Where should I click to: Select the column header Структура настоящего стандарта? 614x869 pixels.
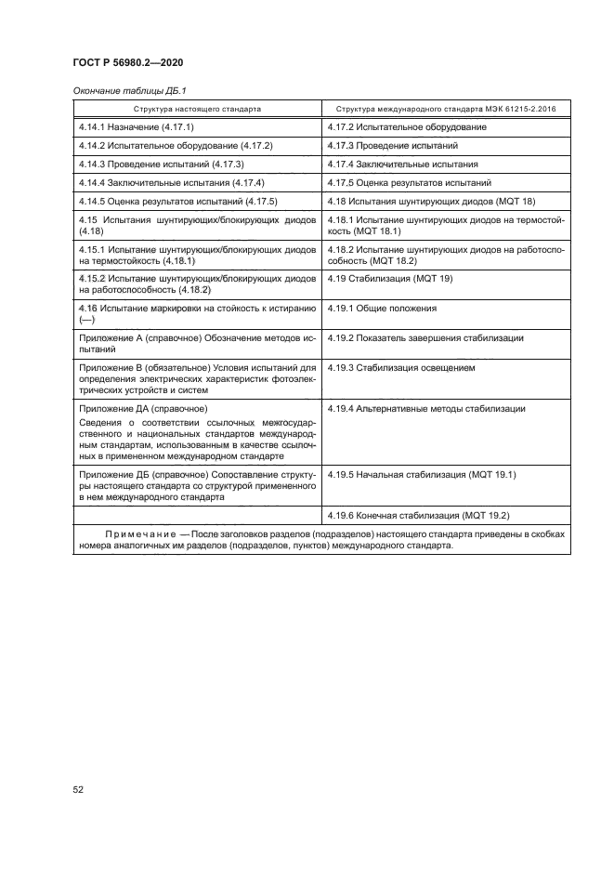point(197,108)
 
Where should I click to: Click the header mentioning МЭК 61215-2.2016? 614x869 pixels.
point(446,108)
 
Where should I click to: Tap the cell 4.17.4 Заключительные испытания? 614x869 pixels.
point(403,164)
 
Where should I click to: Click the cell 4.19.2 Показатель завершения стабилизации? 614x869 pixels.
point(425,337)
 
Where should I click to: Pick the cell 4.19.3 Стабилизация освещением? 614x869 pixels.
point(401,368)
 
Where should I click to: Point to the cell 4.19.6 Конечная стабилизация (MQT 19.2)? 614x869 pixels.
point(419,515)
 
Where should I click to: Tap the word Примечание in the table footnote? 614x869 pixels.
point(138,534)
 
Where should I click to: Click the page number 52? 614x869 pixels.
point(78,791)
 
